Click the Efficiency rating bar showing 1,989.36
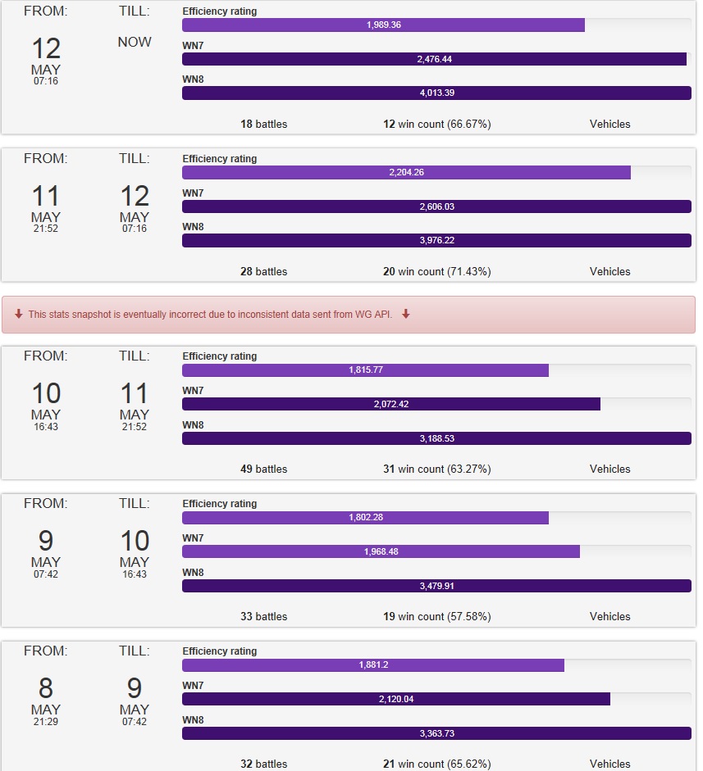[x=383, y=25]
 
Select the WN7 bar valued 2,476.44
[x=434, y=60]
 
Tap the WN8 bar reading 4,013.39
[x=436, y=93]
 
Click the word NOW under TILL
[x=135, y=42]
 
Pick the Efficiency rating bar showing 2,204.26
[x=406, y=173]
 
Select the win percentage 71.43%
[x=469, y=271]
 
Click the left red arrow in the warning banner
[x=19, y=314]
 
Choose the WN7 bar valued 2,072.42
[x=391, y=404]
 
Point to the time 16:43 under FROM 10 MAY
[x=45, y=427]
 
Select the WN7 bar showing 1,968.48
[x=381, y=551]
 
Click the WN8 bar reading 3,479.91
[x=436, y=586]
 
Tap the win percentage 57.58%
[x=469, y=616]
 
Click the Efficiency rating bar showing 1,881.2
[x=373, y=664]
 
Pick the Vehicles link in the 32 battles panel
[x=609, y=764]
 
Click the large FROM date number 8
[x=45, y=688]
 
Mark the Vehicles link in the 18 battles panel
[x=609, y=124]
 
